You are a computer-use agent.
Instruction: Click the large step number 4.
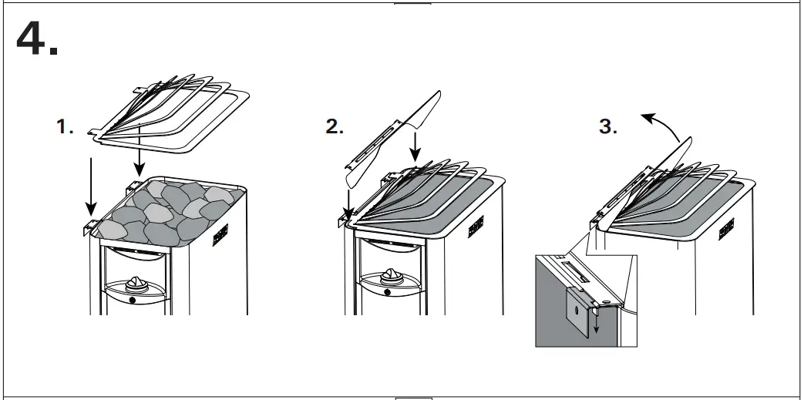point(36,38)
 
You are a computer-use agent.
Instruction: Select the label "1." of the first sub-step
point(66,128)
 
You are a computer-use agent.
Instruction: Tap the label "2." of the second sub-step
point(335,128)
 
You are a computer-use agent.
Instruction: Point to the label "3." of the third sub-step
point(608,128)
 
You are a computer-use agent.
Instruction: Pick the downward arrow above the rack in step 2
point(415,147)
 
